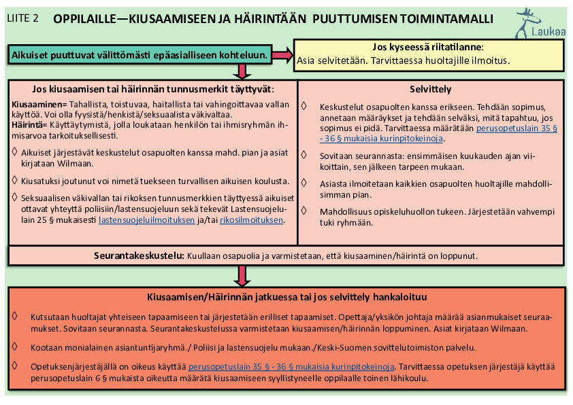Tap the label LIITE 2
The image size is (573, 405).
pos(23,18)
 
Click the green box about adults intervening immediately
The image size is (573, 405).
pos(139,54)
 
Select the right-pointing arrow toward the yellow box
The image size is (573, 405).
pos(282,54)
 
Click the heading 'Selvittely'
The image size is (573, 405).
pos(430,89)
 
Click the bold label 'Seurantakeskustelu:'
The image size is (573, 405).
pos(138,256)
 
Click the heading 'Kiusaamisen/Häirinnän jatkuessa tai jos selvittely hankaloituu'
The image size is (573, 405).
pos(286,297)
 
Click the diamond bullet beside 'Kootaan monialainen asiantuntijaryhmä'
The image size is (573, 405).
pos(15,346)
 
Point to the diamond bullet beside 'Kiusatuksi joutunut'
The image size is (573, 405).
pos(15,180)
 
